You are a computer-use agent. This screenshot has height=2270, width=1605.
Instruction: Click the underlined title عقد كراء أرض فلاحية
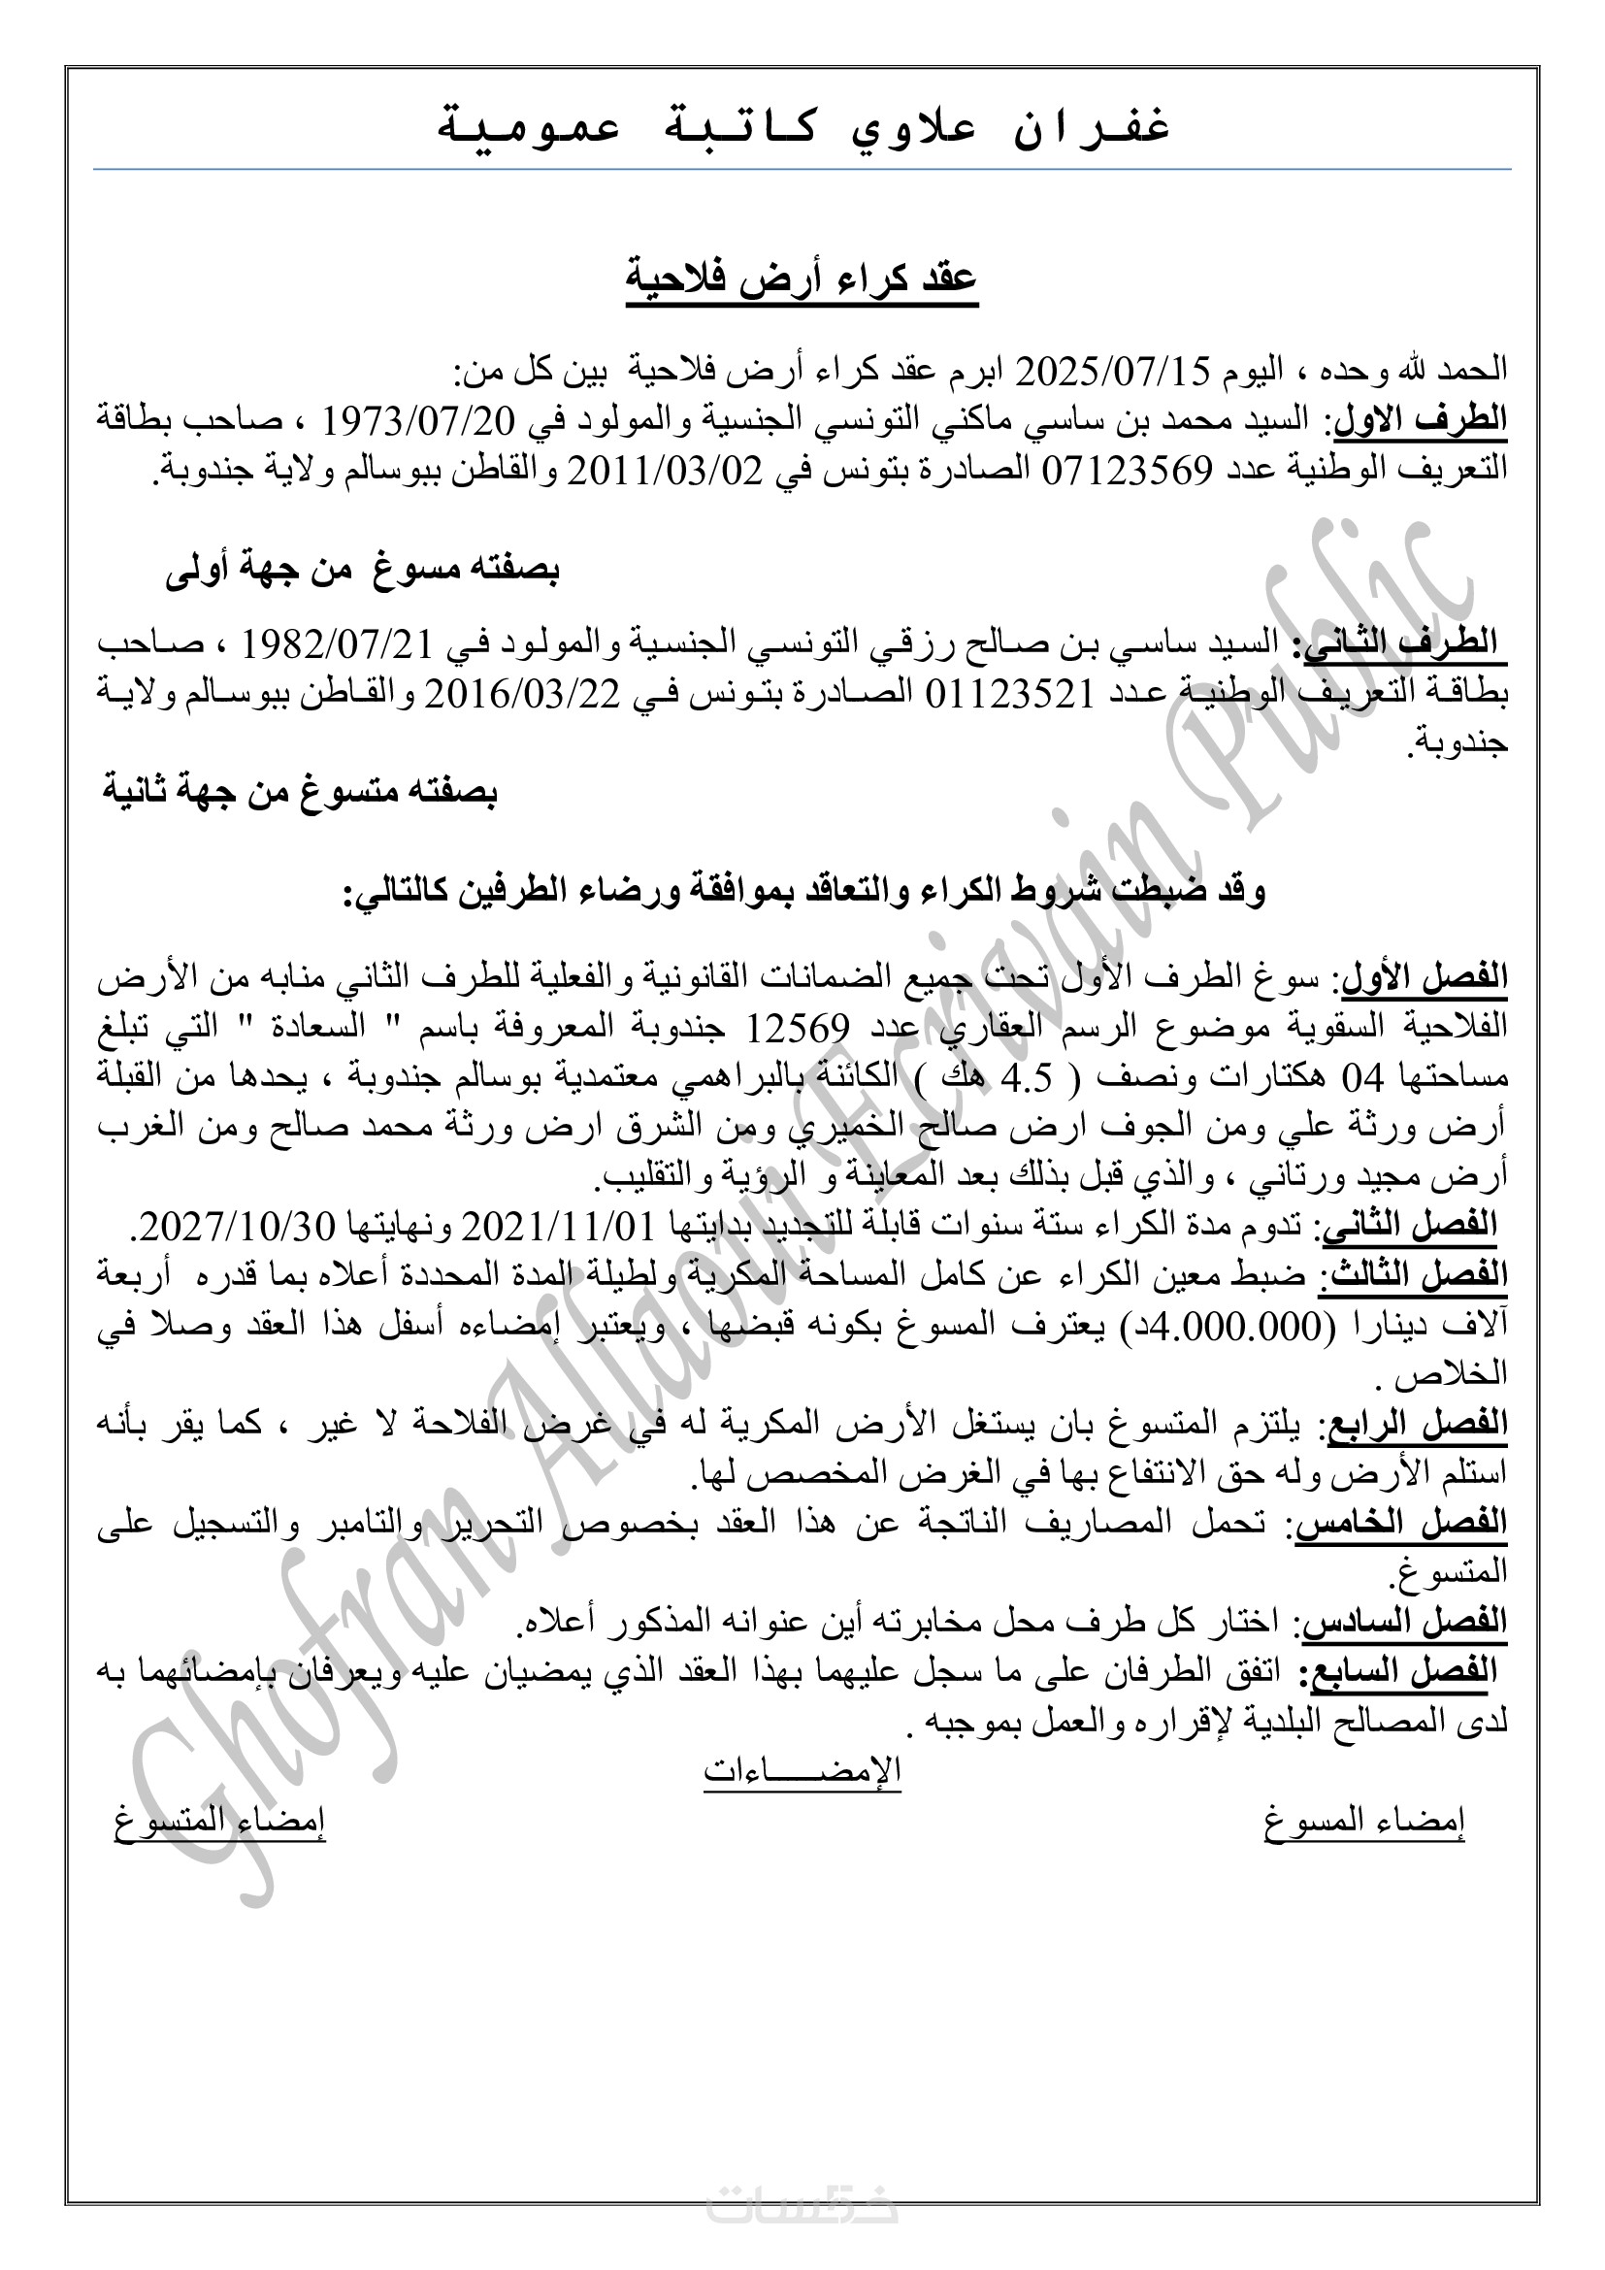[802, 279]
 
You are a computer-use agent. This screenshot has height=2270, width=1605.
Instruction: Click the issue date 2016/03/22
[523, 694]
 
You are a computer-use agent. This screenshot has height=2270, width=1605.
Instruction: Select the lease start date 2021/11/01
[558, 1227]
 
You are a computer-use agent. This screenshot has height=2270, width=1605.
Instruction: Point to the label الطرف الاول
[1421, 420]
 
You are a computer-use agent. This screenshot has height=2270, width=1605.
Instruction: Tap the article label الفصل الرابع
[1417, 1425]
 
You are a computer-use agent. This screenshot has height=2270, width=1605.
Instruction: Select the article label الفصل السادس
[1404, 1623]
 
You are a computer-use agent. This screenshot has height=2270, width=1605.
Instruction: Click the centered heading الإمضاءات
[802, 1770]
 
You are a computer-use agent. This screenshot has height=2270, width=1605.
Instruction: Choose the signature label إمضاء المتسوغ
[219, 1820]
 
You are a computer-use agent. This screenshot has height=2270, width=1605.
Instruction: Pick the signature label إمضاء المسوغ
[1363, 1820]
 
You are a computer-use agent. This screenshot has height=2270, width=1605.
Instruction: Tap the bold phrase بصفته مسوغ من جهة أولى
[362, 571]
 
